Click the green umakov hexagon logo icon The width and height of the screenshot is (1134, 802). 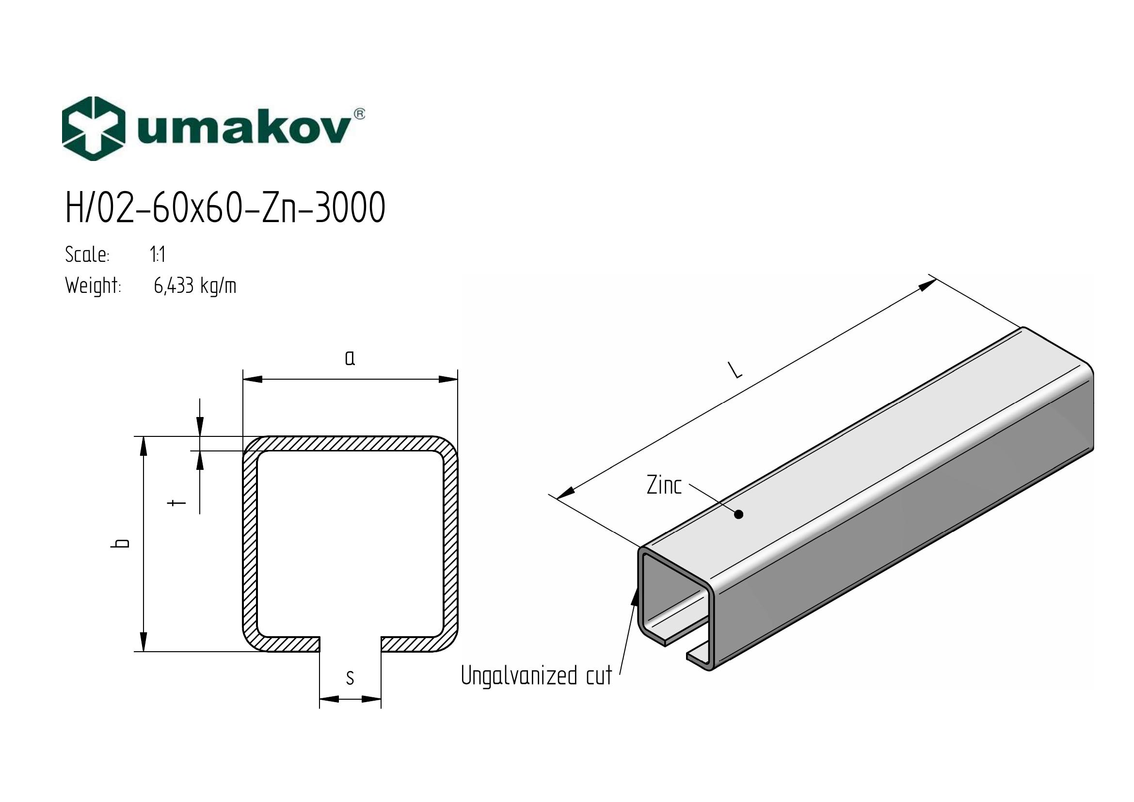coord(93,128)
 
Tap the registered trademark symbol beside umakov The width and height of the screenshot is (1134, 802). coord(360,114)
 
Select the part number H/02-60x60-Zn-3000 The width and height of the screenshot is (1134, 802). coord(225,208)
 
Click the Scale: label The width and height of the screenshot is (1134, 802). coord(87,255)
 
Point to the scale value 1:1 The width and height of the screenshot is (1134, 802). coord(158,255)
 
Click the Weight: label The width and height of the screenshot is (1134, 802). coord(93,286)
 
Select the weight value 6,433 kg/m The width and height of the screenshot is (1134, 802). coord(195,286)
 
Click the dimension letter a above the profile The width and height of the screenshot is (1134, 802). coord(350,358)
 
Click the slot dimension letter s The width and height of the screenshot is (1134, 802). coord(350,677)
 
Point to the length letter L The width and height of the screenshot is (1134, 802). coord(736,370)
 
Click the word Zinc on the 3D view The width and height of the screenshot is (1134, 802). coord(664,485)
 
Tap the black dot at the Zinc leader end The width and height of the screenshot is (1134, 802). coord(739,514)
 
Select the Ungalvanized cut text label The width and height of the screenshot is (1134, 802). coord(536,675)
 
